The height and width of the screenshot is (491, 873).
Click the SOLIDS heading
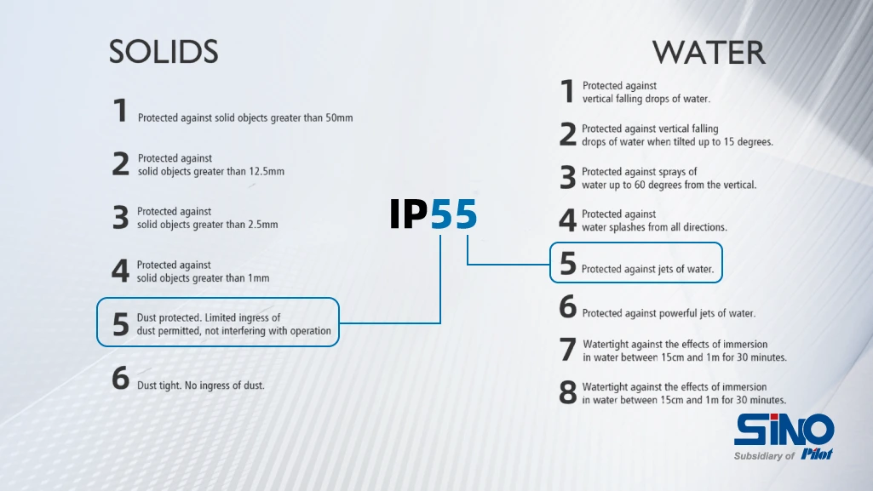(x=164, y=52)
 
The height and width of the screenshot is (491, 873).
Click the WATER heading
(x=709, y=52)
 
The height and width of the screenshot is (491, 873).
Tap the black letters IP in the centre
(x=409, y=214)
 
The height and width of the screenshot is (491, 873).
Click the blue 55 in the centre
(x=454, y=214)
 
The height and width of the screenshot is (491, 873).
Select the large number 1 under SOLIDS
(x=120, y=110)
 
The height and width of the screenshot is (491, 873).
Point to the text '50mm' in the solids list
(x=339, y=118)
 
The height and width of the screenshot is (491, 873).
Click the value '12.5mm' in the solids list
(x=267, y=171)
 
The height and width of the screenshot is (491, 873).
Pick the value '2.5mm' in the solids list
(x=263, y=225)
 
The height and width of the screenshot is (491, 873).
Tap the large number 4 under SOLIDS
(x=120, y=271)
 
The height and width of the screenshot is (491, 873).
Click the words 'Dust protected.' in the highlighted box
(x=169, y=318)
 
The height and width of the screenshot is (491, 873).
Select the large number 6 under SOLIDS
(x=120, y=378)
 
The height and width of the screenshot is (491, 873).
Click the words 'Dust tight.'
(x=158, y=385)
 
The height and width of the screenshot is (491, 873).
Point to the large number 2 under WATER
(x=567, y=134)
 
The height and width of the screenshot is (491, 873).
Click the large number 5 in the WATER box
(x=567, y=263)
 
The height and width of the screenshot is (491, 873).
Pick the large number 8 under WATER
(x=567, y=392)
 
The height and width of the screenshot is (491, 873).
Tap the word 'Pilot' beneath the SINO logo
(x=817, y=455)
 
